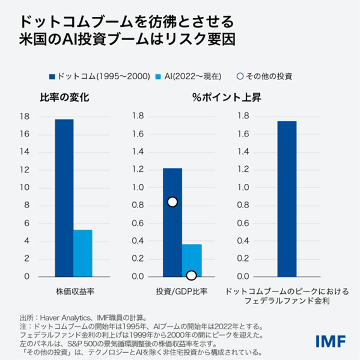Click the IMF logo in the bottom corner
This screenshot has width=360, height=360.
331,341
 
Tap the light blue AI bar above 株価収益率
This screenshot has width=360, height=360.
83,253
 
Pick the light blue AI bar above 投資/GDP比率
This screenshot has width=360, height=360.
192,259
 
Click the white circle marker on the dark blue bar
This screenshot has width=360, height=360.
172,202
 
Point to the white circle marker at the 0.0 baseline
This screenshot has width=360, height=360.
192,276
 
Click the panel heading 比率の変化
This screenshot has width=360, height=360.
64,98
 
